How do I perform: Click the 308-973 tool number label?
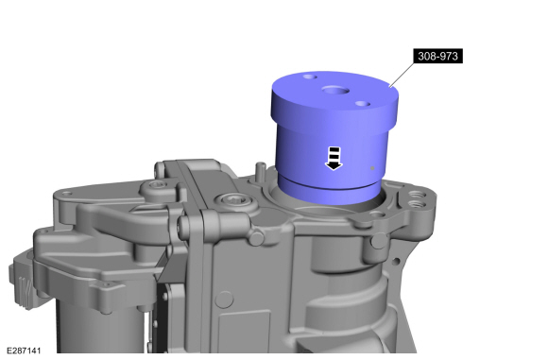coord(437,56)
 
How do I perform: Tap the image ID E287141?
coord(24,351)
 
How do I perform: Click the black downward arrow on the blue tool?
coord(334,159)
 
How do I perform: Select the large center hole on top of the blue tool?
coord(335,91)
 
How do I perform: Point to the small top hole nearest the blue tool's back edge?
coord(310,77)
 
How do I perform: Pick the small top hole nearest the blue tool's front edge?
coord(363,104)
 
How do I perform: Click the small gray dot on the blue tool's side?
coord(372,168)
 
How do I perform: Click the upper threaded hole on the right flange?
coord(416,194)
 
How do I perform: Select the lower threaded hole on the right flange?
coord(416,203)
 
